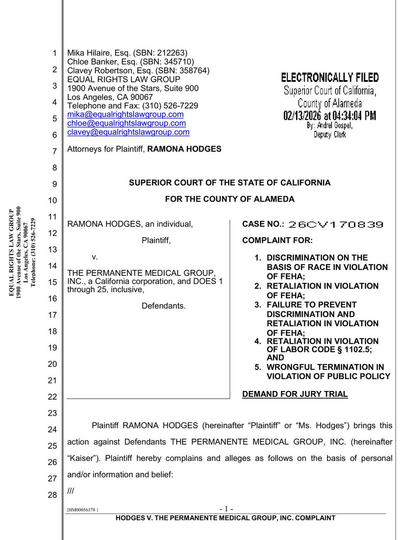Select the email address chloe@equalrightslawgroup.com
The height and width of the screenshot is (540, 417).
pyautogui.click(x=126, y=123)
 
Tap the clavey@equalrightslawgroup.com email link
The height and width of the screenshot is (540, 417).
pyautogui.click(x=128, y=132)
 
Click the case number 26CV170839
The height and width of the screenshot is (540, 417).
pyautogui.click(x=336, y=224)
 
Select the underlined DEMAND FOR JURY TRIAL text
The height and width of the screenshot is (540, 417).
pyautogui.click(x=295, y=394)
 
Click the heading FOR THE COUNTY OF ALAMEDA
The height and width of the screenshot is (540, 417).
pyautogui.click(x=229, y=199)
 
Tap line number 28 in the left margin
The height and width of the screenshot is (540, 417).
pyautogui.click(x=52, y=495)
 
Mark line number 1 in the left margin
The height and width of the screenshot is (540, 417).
pyautogui.click(x=54, y=54)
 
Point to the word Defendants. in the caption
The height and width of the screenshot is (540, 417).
pyautogui.click(x=164, y=306)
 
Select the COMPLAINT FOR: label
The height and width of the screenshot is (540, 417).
pyautogui.click(x=277, y=240)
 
